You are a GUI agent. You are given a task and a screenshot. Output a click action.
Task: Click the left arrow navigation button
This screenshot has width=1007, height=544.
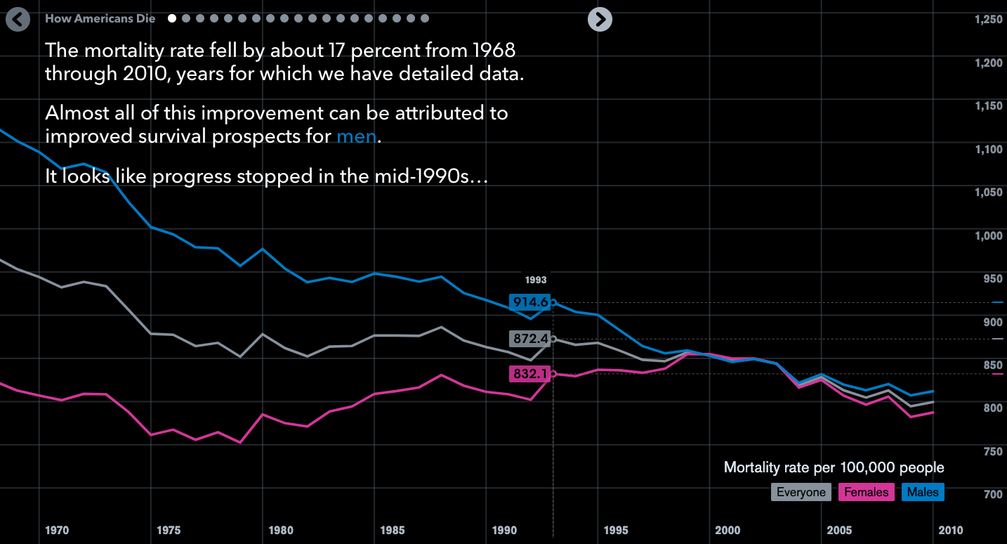[18, 19]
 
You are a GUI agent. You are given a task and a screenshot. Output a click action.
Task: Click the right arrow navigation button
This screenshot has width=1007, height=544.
[600, 19]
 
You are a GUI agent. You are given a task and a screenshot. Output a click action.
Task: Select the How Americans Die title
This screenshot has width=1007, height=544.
[100, 19]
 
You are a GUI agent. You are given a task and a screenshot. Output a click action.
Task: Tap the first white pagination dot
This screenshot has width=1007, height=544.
[172, 19]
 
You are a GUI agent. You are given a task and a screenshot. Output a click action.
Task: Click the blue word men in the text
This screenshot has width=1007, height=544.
[356, 136]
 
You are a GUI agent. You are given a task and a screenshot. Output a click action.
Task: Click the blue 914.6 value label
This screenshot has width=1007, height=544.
[530, 302]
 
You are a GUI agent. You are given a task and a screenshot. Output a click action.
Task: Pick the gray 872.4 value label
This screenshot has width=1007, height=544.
[530, 339]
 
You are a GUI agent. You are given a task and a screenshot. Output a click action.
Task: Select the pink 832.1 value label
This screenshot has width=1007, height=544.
[530, 374]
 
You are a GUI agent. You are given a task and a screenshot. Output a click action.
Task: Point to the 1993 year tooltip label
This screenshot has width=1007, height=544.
[535, 280]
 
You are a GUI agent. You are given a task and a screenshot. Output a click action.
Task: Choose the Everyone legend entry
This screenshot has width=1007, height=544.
[801, 492]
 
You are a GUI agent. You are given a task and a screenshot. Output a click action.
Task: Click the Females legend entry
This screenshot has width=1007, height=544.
[866, 492]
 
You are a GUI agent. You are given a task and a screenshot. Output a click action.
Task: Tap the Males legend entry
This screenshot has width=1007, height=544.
[923, 492]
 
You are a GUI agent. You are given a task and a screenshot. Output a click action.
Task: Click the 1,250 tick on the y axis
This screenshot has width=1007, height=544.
[989, 20]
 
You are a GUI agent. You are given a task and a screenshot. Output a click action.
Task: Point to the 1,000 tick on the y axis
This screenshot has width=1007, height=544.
[989, 235]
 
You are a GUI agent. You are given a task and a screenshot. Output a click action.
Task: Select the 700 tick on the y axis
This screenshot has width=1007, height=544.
[992, 495]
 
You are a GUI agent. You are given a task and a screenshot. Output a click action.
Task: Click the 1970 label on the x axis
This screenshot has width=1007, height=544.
[57, 531]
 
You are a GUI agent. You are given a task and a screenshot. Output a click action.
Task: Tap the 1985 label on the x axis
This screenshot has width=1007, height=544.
[393, 531]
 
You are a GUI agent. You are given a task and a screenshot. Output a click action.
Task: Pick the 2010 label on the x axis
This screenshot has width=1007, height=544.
[951, 531]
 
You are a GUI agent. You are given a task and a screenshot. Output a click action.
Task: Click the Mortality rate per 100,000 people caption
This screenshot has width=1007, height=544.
[834, 468]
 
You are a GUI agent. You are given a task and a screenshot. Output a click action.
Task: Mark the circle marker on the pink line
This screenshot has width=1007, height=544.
[553, 374]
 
